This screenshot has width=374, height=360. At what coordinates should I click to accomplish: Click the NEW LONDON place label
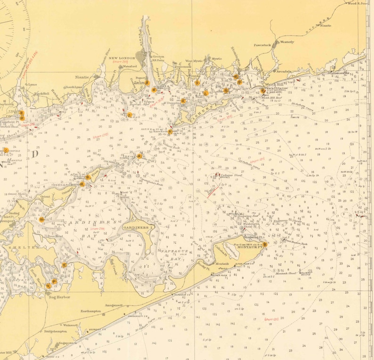(122, 58)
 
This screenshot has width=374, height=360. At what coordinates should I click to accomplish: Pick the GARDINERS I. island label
(138, 227)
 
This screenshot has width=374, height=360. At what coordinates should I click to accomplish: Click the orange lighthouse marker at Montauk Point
(265, 244)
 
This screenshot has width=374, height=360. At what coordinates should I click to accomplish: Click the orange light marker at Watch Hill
(262, 91)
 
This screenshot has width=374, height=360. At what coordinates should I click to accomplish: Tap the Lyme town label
(33, 85)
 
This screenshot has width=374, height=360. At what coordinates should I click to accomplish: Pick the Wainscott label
(70, 325)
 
